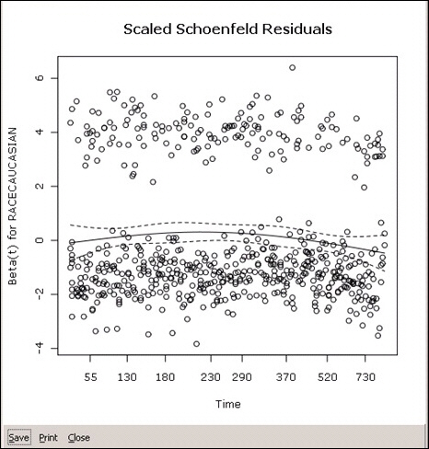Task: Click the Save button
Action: (19, 437)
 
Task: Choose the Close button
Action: (79, 437)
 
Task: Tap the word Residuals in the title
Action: (297, 29)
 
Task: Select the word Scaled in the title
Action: (147, 29)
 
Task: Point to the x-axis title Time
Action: (228, 404)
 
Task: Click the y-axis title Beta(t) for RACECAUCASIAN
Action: (12, 207)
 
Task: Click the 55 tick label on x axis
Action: (90, 376)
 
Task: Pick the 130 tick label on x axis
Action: (127, 376)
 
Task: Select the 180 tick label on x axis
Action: (165, 376)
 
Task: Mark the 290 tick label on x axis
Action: (242, 376)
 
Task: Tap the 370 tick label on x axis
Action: (286, 376)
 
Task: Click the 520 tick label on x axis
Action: (327, 376)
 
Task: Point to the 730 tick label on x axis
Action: (365, 376)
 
